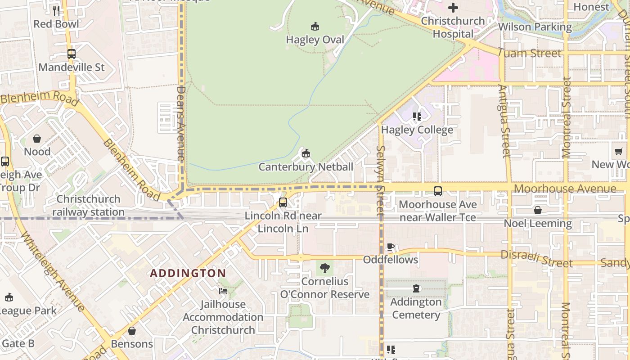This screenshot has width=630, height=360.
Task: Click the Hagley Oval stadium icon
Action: click(315, 27)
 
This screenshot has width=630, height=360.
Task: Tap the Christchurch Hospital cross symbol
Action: click(453, 8)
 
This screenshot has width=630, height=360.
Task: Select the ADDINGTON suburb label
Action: click(188, 273)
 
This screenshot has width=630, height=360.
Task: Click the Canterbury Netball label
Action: click(306, 167)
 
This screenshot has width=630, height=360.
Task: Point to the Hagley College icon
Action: click(417, 117)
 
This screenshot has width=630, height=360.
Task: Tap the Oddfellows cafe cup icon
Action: click(391, 247)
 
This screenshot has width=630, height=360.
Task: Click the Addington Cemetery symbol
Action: click(416, 288)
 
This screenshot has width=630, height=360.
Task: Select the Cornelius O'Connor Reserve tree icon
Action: click(324, 269)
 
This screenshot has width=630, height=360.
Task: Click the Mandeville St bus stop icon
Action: click(71, 54)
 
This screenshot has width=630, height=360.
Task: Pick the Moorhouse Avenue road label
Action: click(565, 189)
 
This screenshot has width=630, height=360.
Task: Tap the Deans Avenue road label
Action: click(181, 124)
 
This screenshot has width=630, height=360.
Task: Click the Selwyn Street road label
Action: click(381, 180)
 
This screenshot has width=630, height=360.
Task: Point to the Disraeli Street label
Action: click(536, 258)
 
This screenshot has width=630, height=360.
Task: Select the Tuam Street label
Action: click(530, 53)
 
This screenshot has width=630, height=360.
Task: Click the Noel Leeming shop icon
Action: click(537, 210)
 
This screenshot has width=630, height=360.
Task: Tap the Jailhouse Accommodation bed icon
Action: click(223, 291)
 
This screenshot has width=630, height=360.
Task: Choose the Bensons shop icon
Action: click(132, 331)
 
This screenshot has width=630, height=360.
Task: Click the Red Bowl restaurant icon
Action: click(56, 11)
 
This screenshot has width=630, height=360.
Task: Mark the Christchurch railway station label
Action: click(88, 206)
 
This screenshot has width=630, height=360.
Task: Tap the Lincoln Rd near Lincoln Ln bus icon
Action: click(283, 202)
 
